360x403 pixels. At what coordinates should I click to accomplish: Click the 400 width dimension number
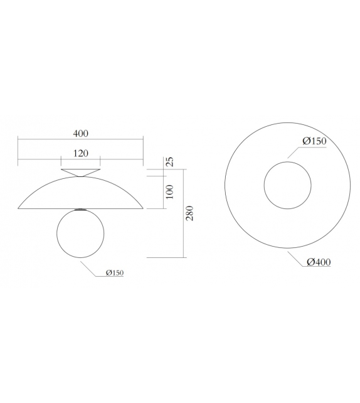click(80, 133)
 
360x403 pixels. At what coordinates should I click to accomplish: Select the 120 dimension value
click(80, 153)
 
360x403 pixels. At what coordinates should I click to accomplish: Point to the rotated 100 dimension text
click(169, 192)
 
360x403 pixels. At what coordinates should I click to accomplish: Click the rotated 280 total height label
click(190, 213)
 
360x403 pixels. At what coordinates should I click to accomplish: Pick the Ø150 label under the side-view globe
click(115, 272)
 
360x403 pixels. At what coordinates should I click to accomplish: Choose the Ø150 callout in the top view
click(314, 141)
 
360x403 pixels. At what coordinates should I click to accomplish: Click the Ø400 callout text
click(319, 262)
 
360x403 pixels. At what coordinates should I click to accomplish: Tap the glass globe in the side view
click(81, 234)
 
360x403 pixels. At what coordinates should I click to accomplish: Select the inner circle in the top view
click(287, 185)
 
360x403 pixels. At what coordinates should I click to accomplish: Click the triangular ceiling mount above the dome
click(81, 171)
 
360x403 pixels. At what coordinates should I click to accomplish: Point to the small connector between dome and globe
click(81, 209)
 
